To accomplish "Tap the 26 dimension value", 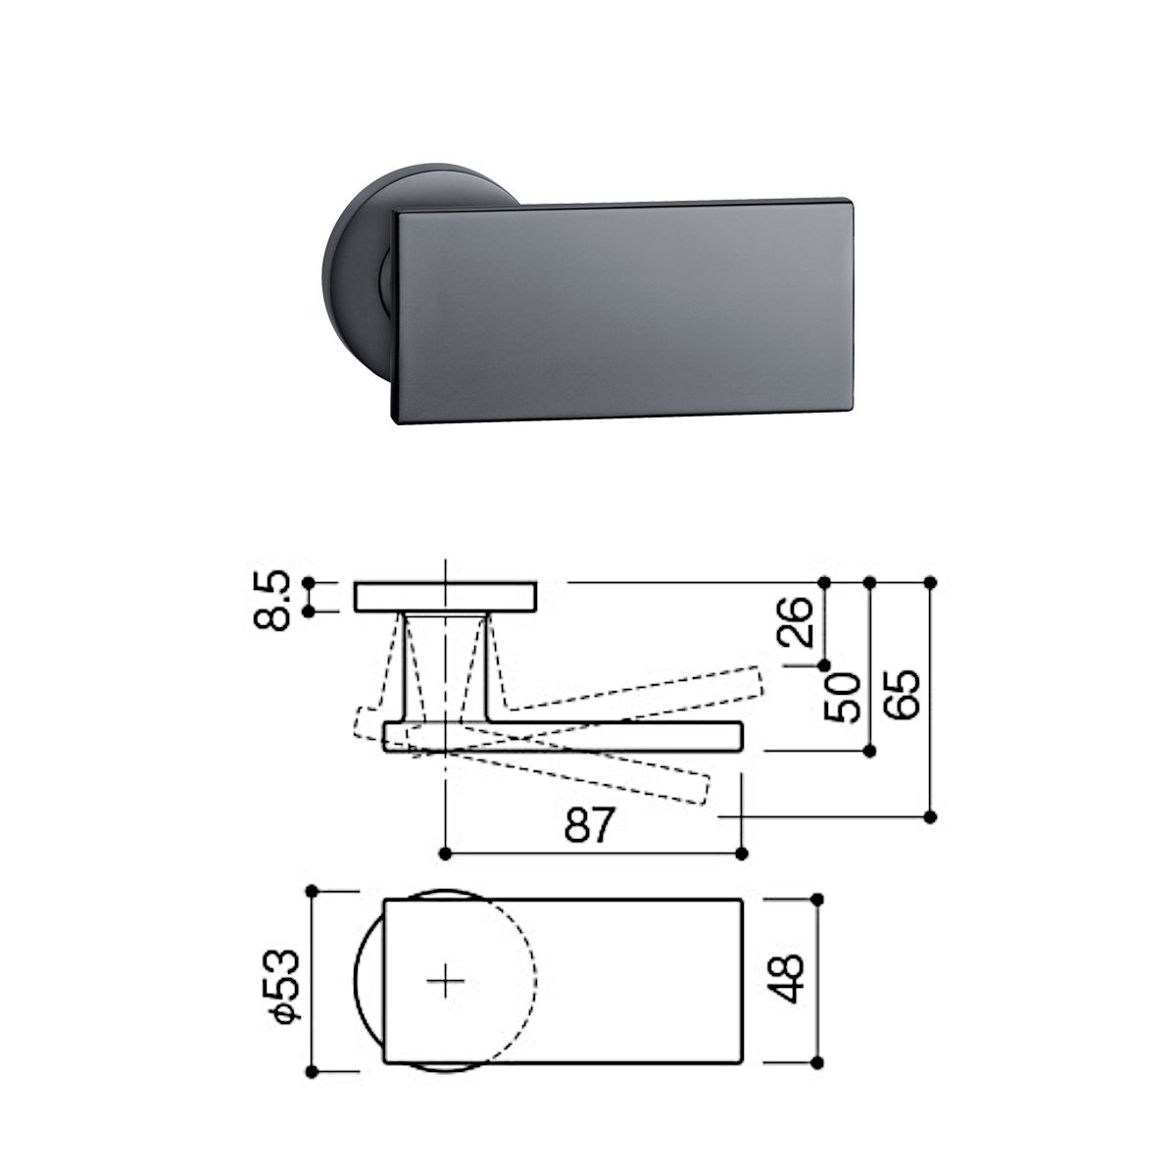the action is [795, 621].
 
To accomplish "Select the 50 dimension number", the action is [842, 697].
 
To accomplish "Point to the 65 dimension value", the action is [902, 695].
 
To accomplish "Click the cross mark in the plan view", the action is [446, 981].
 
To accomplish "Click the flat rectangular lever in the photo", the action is [621, 312].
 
